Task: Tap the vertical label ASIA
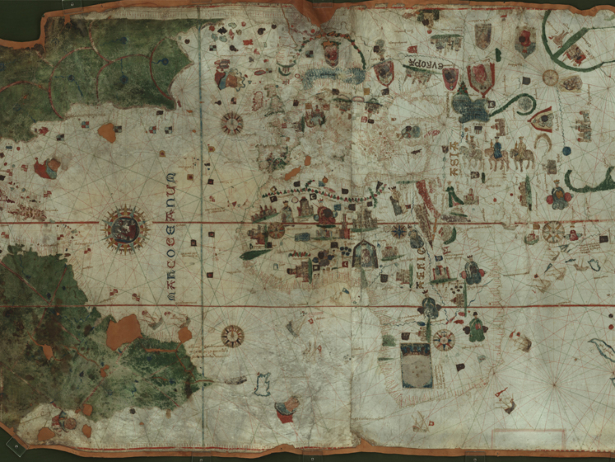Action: point(453,159)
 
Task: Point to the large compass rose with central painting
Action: point(125,229)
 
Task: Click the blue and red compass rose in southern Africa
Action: point(444,339)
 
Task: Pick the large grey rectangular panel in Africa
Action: point(416,366)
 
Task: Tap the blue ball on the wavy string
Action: point(566,150)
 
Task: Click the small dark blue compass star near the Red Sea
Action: point(399,231)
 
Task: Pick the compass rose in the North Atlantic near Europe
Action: point(232,123)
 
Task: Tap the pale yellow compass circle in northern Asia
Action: point(550,77)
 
